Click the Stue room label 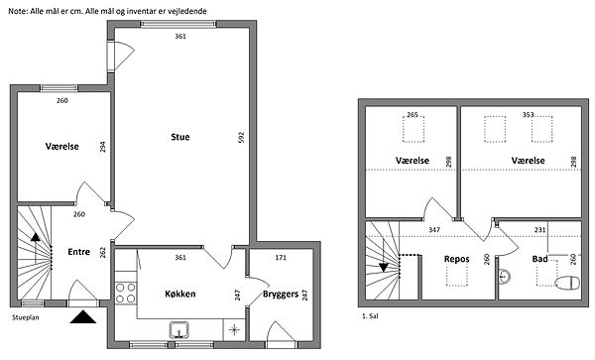click(180, 137)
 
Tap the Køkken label click(180, 294)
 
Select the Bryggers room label click(281, 295)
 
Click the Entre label click(79, 252)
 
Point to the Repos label click(457, 259)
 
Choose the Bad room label click(539, 259)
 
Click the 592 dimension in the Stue click(241, 137)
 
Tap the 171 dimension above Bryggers click(281, 258)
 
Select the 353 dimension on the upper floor click(529, 114)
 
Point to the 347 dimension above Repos click(434, 229)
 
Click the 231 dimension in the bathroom click(539, 229)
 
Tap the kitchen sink click(179, 329)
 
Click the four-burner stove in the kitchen click(126, 293)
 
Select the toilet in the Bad click(567, 283)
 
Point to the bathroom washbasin click(504, 276)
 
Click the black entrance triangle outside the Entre click(83, 317)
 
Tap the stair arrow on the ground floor click(36, 249)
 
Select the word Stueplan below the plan click(26, 317)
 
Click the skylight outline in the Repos click(457, 276)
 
